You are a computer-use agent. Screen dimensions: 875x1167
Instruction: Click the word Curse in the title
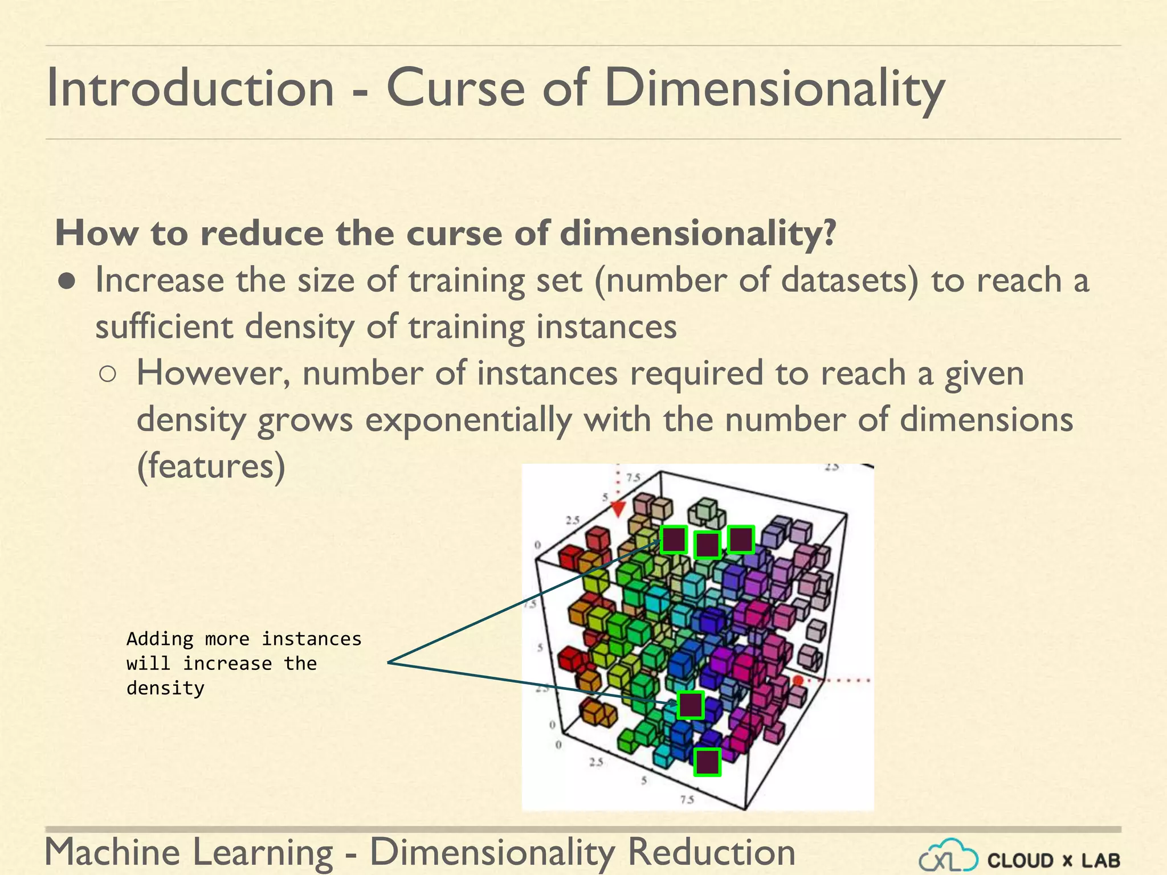pos(455,88)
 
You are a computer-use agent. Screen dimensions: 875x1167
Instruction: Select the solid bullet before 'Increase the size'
pos(67,281)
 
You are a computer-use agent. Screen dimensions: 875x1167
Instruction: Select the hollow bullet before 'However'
pos(108,374)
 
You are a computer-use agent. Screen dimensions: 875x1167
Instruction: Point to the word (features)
pos(211,467)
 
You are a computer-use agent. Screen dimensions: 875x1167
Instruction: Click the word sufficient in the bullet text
pos(164,328)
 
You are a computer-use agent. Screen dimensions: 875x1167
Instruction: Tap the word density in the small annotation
pos(165,688)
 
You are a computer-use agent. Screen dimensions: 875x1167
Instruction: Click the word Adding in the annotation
pos(160,639)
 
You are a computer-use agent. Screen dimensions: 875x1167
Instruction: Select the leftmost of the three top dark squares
pos(674,539)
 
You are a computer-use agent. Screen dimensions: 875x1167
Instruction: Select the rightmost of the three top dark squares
pos(741,539)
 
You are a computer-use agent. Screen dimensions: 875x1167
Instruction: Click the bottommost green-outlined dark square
pos(707,762)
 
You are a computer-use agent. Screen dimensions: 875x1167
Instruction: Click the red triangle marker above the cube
pos(618,509)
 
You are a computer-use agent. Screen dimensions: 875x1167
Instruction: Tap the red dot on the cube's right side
pos(798,680)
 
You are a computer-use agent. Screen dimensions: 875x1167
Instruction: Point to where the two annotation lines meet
pos(389,662)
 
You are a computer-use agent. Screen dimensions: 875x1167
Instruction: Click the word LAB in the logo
pos(1100,860)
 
